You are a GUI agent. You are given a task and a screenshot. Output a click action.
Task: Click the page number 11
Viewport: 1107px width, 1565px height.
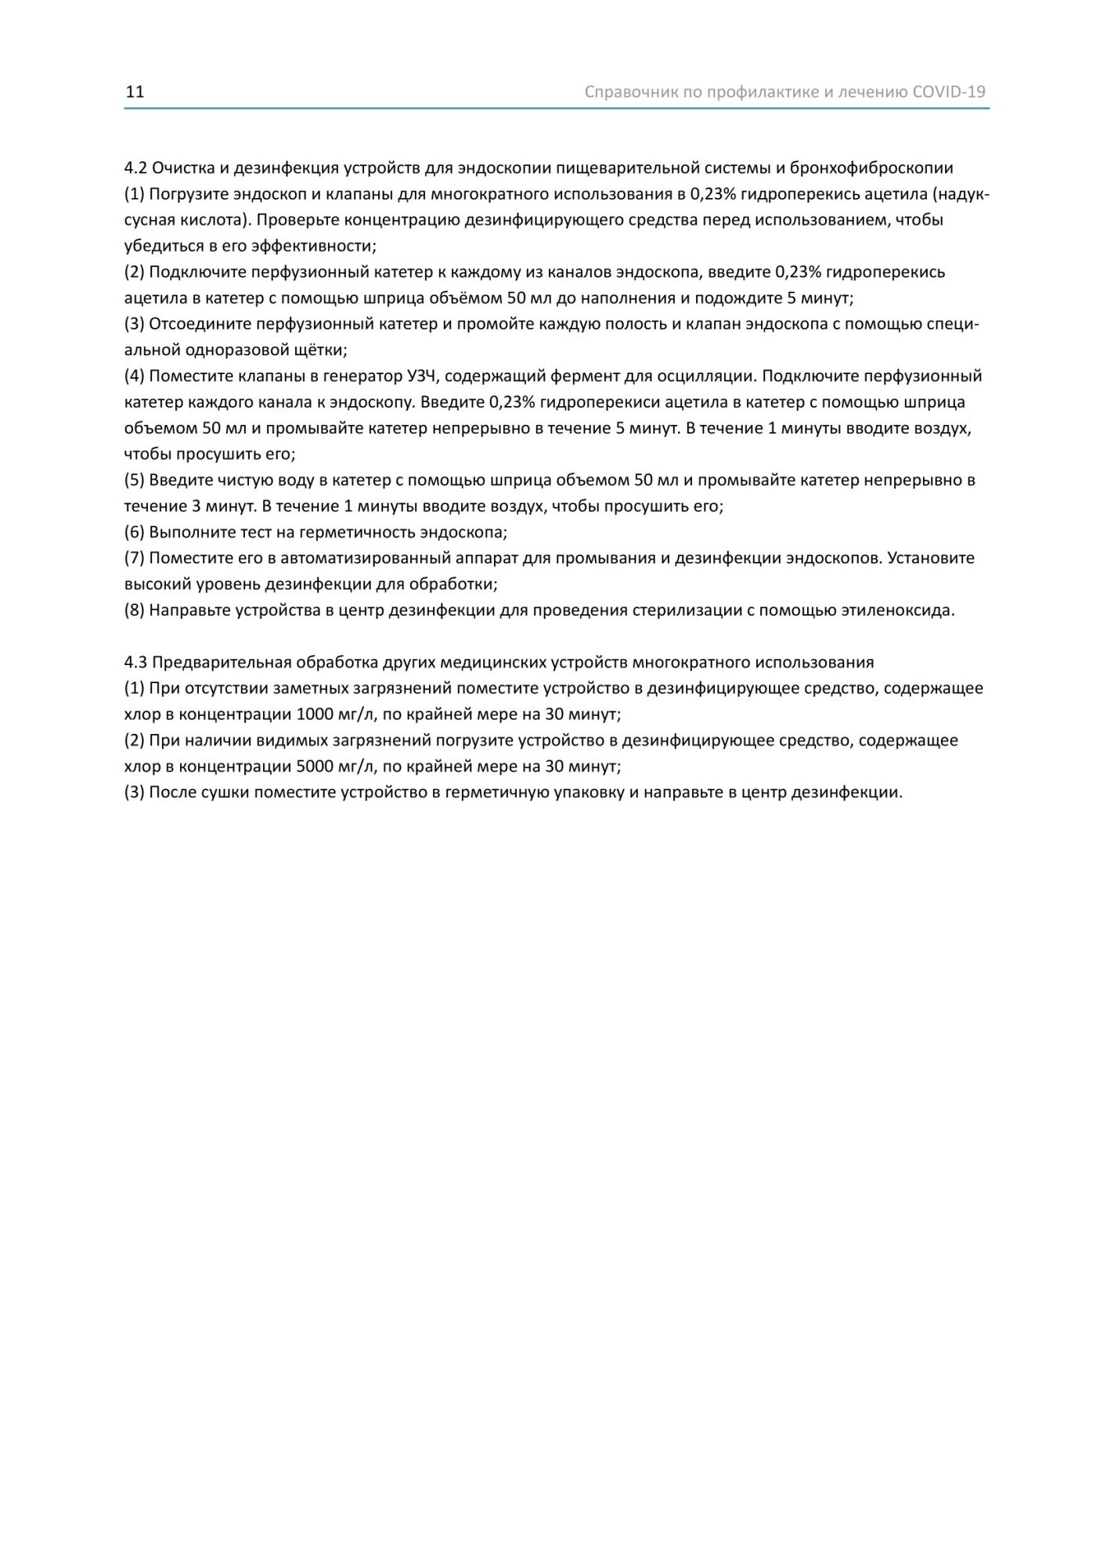135,92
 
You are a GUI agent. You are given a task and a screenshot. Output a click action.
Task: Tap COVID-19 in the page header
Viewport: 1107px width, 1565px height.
949,92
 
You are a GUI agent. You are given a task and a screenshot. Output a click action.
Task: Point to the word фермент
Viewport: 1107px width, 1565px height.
586,376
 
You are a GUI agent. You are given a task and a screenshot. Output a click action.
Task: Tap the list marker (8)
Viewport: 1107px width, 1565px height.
135,610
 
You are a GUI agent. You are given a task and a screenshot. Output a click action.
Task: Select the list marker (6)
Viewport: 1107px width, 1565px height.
135,532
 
